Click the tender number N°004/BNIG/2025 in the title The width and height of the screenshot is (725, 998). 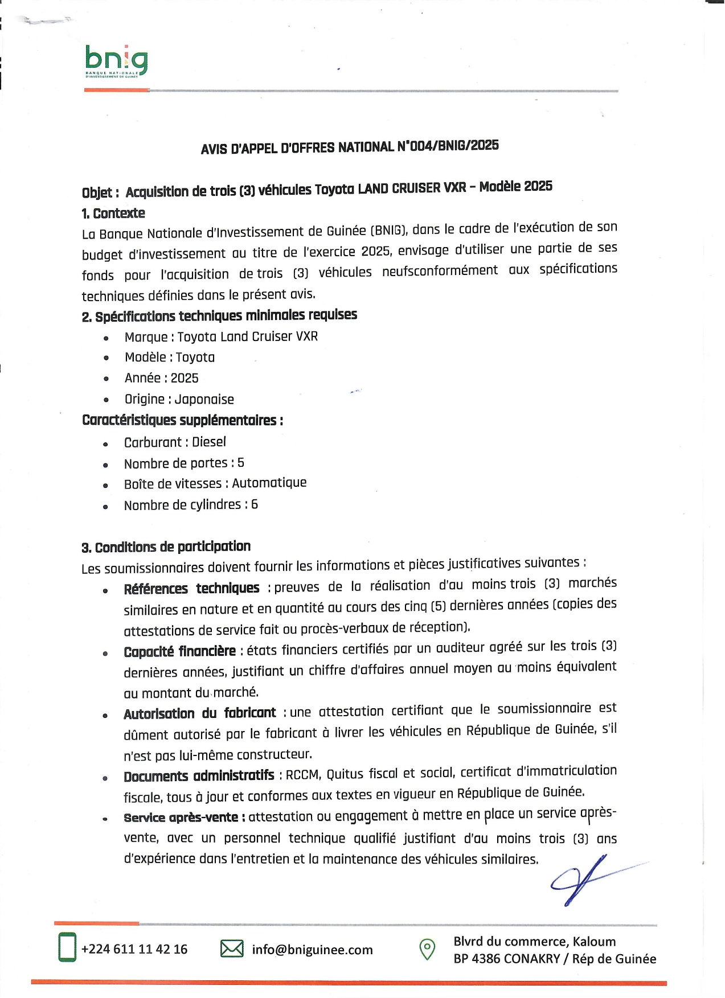(x=448, y=146)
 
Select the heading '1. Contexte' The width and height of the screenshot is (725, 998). (x=113, y=213)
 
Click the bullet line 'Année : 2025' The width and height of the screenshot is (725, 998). (x=162, y=379)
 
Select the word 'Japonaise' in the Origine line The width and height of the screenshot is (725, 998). (x=204, y=400)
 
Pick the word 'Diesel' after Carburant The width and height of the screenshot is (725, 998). (x=209, y=442)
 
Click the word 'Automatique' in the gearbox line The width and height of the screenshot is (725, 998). (x=269, y=483)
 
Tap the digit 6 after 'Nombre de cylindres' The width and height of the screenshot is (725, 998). (x=255, y=504)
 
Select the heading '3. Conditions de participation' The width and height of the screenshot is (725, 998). (x=166, y=547)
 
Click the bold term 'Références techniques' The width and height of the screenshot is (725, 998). (x=191, y=589)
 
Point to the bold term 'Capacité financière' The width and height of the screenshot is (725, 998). (x=179, y=651)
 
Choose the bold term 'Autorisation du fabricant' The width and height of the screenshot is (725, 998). (x=199, y=713)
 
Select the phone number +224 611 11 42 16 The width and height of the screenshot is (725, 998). (x=134, y=949)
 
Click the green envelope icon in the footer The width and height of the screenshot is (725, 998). (x=232, y=948)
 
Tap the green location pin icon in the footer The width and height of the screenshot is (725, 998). (x=427, y=949)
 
